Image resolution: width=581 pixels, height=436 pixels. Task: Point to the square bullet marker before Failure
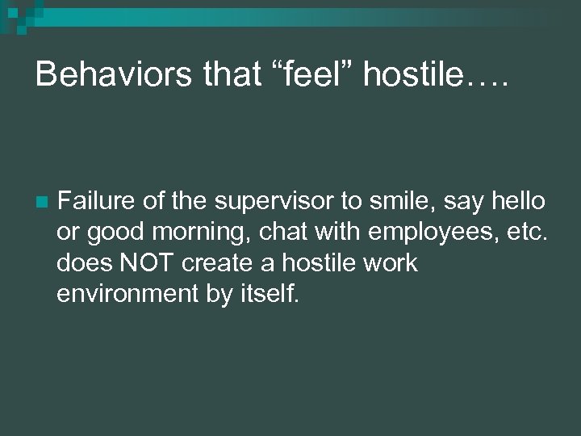pos(44,201)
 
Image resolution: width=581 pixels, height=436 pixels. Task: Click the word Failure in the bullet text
pos(94,200)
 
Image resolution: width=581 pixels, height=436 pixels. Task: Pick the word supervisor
pos(267,200)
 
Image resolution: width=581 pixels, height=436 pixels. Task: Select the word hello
pos(516,200)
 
